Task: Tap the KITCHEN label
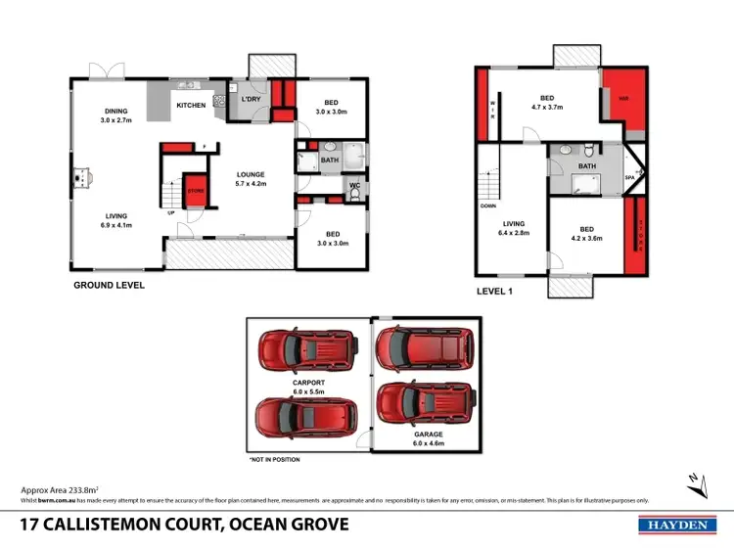point(191,105)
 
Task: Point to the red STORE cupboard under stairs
point(195,192)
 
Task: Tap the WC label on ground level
point(354,183)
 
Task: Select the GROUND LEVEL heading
point(110,286)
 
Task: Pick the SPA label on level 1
point(630,178)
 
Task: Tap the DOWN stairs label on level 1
point(488,206)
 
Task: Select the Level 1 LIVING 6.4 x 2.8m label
point(513,229)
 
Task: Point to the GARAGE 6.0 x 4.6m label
point(428,438)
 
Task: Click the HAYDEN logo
point(674,526)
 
